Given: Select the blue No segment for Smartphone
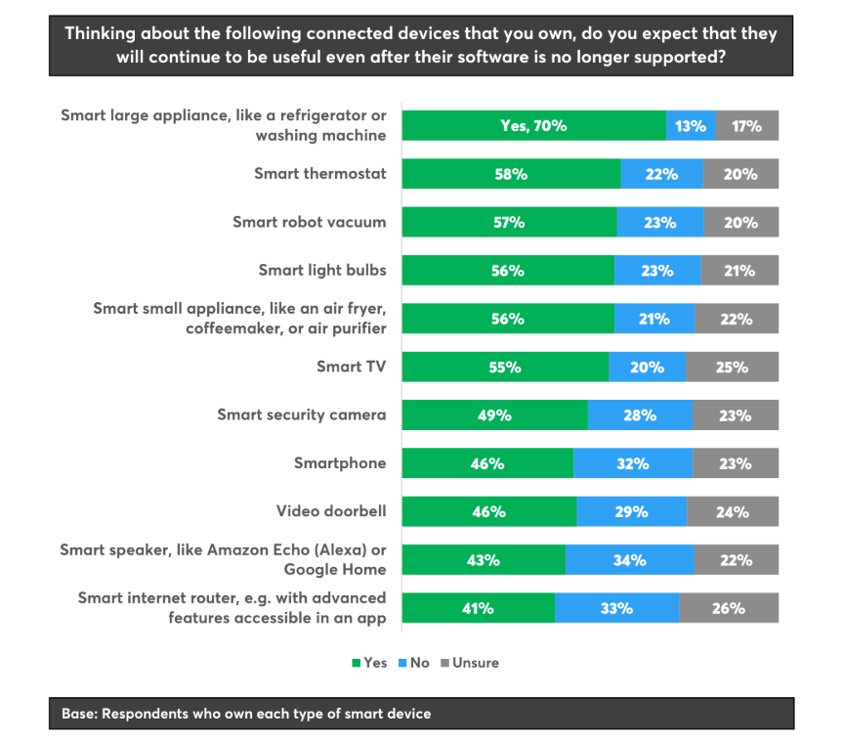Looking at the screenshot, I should coord(633,463).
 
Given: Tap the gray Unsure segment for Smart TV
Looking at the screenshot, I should coord(732,368).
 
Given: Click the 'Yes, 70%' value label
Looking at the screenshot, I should coord(533,126).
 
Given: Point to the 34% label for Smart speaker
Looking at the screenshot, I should coord(630,560).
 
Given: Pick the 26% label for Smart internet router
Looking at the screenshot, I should coord(729,608).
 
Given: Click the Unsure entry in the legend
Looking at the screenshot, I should coord(475,663).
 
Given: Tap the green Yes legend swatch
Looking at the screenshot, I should coord(357,663).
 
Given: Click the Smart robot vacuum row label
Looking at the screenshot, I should coord(309,222).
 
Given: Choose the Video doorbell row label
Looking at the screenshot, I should coord(331,510).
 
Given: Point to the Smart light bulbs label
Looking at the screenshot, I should coord(322,270).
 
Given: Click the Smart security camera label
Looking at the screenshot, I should coord(301,414).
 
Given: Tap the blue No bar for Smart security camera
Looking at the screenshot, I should coord(640,415).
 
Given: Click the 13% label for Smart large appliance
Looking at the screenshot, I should coord(691,126).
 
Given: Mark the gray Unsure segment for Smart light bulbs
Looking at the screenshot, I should coord(739,271).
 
